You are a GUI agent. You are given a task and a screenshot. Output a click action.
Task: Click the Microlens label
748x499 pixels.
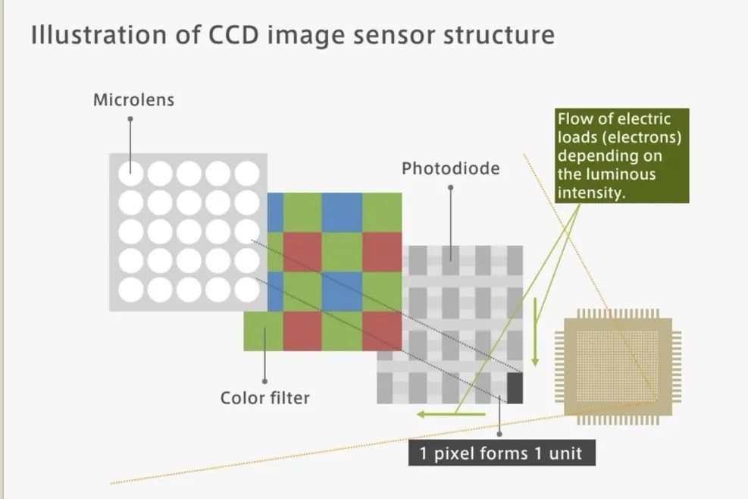point(133,99)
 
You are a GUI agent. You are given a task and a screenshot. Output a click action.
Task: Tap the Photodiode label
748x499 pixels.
point(450,168)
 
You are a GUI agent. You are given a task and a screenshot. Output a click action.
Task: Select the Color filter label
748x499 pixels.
point(264,397)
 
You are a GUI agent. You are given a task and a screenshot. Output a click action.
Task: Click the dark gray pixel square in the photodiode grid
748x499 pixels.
point(515,388)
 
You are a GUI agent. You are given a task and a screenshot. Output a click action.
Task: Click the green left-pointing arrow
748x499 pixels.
point(451,414)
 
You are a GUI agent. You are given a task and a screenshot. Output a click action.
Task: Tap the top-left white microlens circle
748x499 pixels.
point(130,174)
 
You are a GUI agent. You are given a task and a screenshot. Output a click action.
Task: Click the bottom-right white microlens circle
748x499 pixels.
point(246,289)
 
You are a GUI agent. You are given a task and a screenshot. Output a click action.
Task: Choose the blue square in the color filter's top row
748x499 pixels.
point(342,212)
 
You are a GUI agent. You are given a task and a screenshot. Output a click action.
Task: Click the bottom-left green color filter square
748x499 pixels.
point(263,331)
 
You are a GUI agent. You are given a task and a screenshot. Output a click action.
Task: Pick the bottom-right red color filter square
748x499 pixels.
point(382,331)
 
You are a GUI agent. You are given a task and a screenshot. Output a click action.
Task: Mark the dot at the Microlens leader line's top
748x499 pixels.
point(130,119)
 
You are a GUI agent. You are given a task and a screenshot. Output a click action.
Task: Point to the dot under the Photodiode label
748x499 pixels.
point(450,187)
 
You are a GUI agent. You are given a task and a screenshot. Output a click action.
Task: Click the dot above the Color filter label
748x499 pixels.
point(264,381)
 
